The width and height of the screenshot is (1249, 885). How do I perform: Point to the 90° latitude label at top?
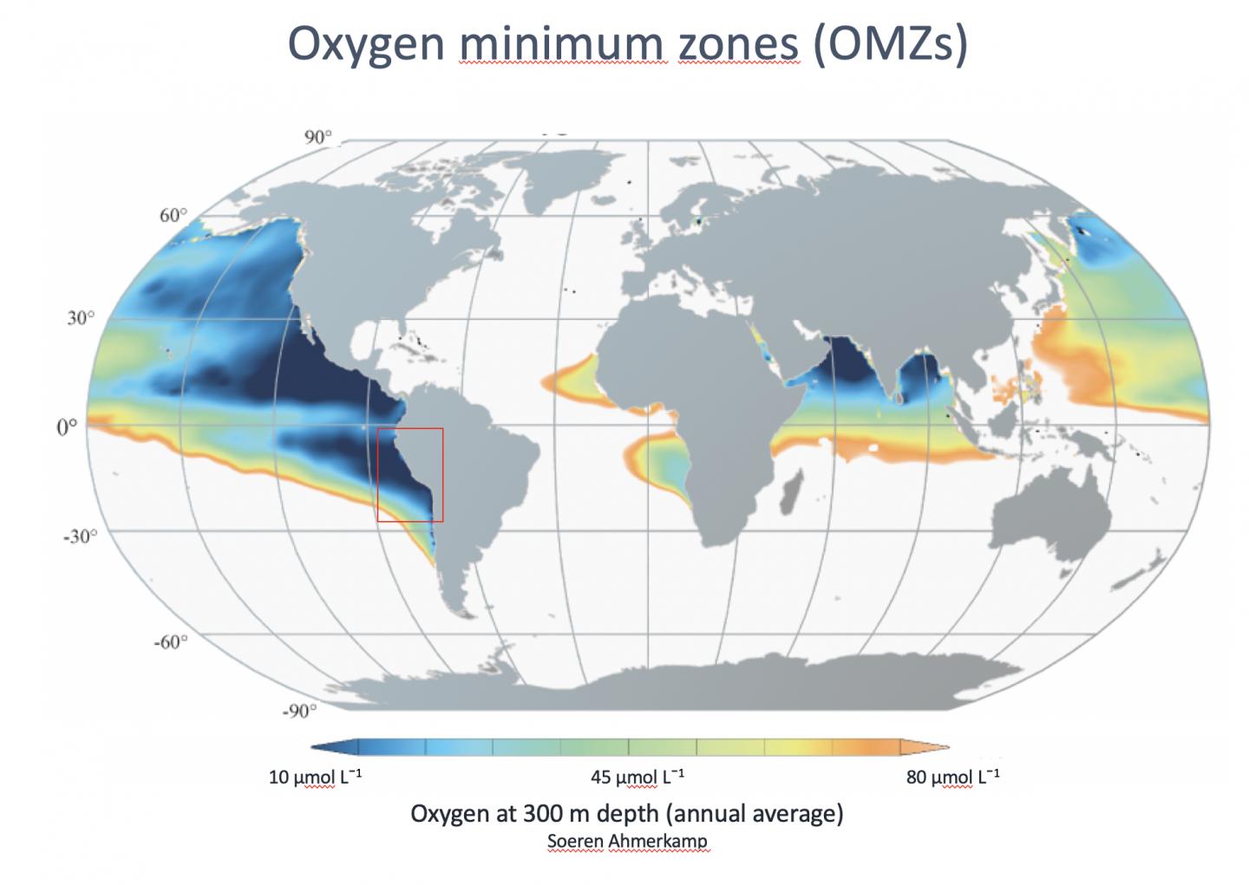coord(317,137)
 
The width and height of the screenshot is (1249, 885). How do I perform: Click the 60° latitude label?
coord(173,215)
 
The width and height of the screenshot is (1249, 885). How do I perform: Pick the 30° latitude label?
coord(81,318)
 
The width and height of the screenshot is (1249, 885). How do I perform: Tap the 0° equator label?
coord(67,427)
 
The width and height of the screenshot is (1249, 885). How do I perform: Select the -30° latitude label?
coord(79,536)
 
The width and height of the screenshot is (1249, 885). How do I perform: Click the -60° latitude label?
coord(170,641)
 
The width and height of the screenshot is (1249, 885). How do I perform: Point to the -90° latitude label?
coord(299,712)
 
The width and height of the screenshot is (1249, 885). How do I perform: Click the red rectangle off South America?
coord(410,474)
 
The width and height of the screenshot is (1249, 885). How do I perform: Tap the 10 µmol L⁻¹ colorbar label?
coord(315,777)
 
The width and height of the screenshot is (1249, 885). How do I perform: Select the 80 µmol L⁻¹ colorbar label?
coord(952,777)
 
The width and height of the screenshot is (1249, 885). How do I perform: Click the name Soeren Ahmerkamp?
coord(627,841)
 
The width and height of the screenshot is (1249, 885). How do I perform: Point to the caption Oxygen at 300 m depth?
coord(626,813)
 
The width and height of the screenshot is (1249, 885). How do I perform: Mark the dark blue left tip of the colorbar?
coord(323,747)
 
